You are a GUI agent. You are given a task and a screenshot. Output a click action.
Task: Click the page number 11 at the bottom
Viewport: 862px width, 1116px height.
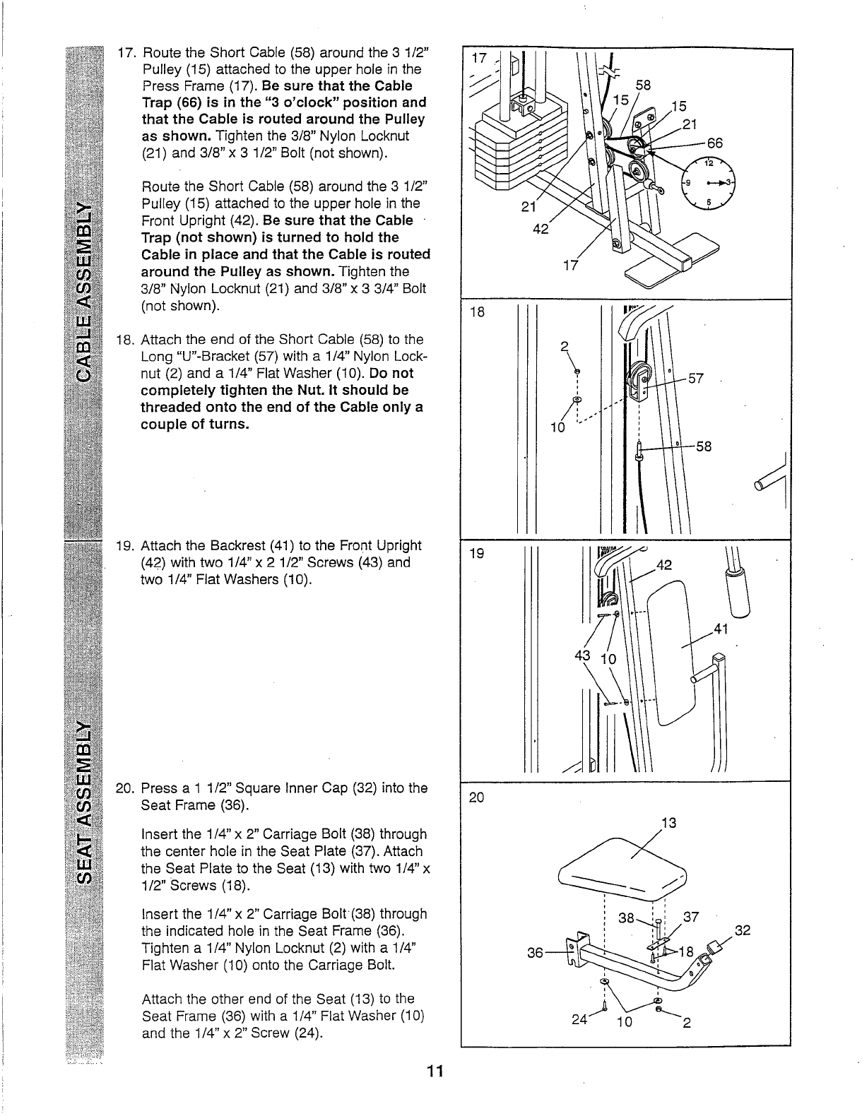pyautogui.click(x=434, y=1072)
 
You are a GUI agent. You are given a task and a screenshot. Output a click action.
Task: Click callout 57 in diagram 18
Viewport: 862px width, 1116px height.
pyautogui.click(x=696, y=379)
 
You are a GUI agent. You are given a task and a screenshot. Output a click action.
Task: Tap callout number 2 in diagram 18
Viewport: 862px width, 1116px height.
pyautogui.click(x=564, y=347)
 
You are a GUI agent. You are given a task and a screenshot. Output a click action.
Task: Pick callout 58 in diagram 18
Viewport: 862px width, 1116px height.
pyautogui.click(x=702, y=446)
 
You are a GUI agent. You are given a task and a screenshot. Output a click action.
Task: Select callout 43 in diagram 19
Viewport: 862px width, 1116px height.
pyautogui.click(x=583, y=655)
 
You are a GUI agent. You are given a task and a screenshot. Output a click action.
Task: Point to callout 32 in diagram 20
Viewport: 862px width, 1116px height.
pyautogui.click(x=742, y=930)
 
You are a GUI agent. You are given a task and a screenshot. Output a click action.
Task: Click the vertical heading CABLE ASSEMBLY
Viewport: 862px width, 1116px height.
pyautogui.click(x=85, y=290)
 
